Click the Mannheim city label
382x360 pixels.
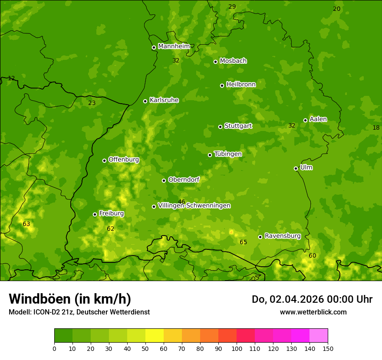tap(174, 46)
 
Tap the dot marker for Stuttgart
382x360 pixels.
tap(220, 127)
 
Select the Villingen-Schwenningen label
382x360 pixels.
tap(194, 206)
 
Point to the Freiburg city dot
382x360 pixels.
tap(95, 214)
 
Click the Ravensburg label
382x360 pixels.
tap(282, 236)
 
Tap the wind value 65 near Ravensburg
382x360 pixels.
tap(243, 242)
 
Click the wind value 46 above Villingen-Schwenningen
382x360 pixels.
tap(181, 202)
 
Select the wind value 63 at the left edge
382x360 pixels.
tap(26, 224)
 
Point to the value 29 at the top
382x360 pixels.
tap(232, 7)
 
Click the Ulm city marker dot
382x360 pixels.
tap(296, 168)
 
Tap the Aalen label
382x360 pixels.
tap(318, 119)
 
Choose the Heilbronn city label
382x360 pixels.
tap(241, 85)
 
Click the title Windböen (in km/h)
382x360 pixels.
tap(70, 299)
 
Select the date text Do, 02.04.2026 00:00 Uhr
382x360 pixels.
tap(312, 299)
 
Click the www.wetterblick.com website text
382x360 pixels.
tap(313, 312)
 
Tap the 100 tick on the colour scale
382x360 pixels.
tap(237, 348)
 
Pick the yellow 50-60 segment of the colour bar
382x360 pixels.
tap(155, 336)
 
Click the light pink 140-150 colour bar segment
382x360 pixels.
tap(319, 336)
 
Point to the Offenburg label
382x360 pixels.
tap(124, 160)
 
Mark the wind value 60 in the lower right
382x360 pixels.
tap(312, 255)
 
